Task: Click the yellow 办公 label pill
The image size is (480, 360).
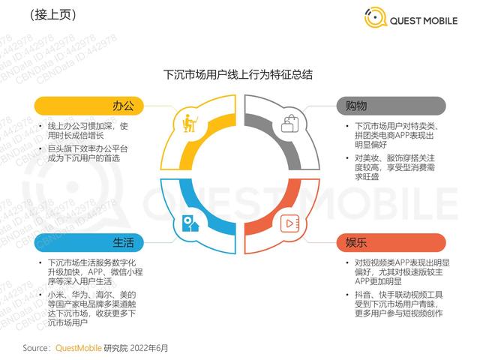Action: click(x=88, y=106)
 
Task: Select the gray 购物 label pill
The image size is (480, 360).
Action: click(x=391, y=106)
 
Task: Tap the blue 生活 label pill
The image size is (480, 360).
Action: click(x=88, y=243)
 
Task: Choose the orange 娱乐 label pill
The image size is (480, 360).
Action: click(x=391, y=243)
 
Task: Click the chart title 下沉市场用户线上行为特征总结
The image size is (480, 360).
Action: click(x=238, y=75)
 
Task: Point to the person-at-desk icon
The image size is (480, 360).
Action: click(x=190, y=123)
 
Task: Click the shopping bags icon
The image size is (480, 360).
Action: click(x=289, y=123)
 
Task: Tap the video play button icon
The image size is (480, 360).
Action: click(x=289, y=223)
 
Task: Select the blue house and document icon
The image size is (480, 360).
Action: click(x=190, y=223)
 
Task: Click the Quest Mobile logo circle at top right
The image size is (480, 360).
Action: click(x=375, y=17)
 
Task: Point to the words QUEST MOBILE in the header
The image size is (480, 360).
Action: click(x=424, y=21)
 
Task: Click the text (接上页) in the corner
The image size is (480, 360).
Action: click(x=53, y=15)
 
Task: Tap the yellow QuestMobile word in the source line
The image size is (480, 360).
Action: click(x=78, y=348)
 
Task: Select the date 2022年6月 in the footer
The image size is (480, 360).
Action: click(x=149, y=348)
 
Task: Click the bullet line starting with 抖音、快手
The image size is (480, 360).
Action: click(x=398, y=304)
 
